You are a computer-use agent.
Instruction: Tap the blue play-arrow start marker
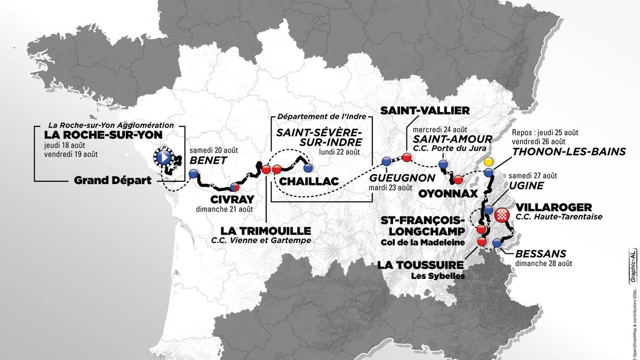pos(164,157)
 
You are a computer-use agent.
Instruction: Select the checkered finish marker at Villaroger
pos(501,215)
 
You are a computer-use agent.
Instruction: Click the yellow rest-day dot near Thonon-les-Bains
pos(487,162)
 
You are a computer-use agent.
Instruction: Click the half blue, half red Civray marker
pos(234,187)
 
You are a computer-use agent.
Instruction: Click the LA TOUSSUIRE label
pos(421,265)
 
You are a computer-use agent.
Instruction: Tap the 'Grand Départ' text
pos(112,181)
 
